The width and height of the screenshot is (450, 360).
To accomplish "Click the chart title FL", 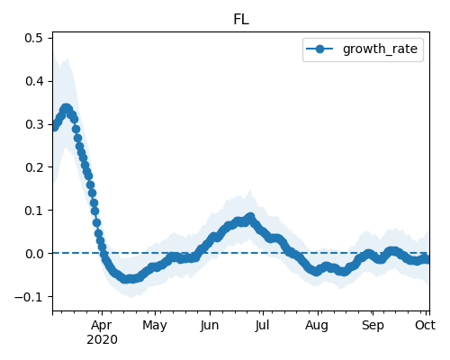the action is pyautogui.click(x=241, y=20).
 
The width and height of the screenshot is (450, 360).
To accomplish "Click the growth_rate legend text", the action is pyautogui.click(x=380, y=49).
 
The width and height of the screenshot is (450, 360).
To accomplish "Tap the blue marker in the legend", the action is pyautogui.click(x=319, y=49).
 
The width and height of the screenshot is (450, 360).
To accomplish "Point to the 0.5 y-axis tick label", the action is pyautogui.click(x=34, y=39).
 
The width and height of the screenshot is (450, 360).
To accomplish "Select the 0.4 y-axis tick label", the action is pyautogui.click(x=34, y=81).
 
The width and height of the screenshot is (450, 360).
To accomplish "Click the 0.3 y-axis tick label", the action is pyautogui.click(x=34, y=124).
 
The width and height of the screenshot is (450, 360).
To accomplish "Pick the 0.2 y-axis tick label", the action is pyautogui.click(x=34, y=167).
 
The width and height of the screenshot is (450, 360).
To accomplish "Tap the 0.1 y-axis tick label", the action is pyautogui.click(x=34, y=211).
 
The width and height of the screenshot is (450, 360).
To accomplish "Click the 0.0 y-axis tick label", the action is pyautogui.click(x=34, y=254).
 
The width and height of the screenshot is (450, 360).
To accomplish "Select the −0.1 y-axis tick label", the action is pyautogui.click(x=29, y=297).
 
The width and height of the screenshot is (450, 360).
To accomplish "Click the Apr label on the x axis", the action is pyautogui.click(x=102, y=326).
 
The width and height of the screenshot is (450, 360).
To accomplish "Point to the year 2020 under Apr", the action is pyautogui.click(x=102, y=340).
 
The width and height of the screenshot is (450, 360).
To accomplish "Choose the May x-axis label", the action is pyautogui.click(x=155, y=326).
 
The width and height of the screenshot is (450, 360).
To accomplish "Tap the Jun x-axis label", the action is pyautogui.click(x=210, y=325).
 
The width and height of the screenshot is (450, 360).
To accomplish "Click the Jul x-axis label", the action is pyautogui.click(x=263, y=325).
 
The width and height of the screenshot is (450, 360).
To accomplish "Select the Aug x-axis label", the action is pyautogui.click(x=317, y=326).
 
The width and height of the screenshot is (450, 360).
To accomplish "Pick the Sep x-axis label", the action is pyautogui.click(x=373, y=326).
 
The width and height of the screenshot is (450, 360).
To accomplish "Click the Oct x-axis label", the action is pyautogui.click(x=425, y=325).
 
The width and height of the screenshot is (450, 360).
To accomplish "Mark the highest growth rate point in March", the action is pyautogui.click(x=67, y=108).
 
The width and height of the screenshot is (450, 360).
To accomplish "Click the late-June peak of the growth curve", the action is pyautogui.click(x=250, y=217).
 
